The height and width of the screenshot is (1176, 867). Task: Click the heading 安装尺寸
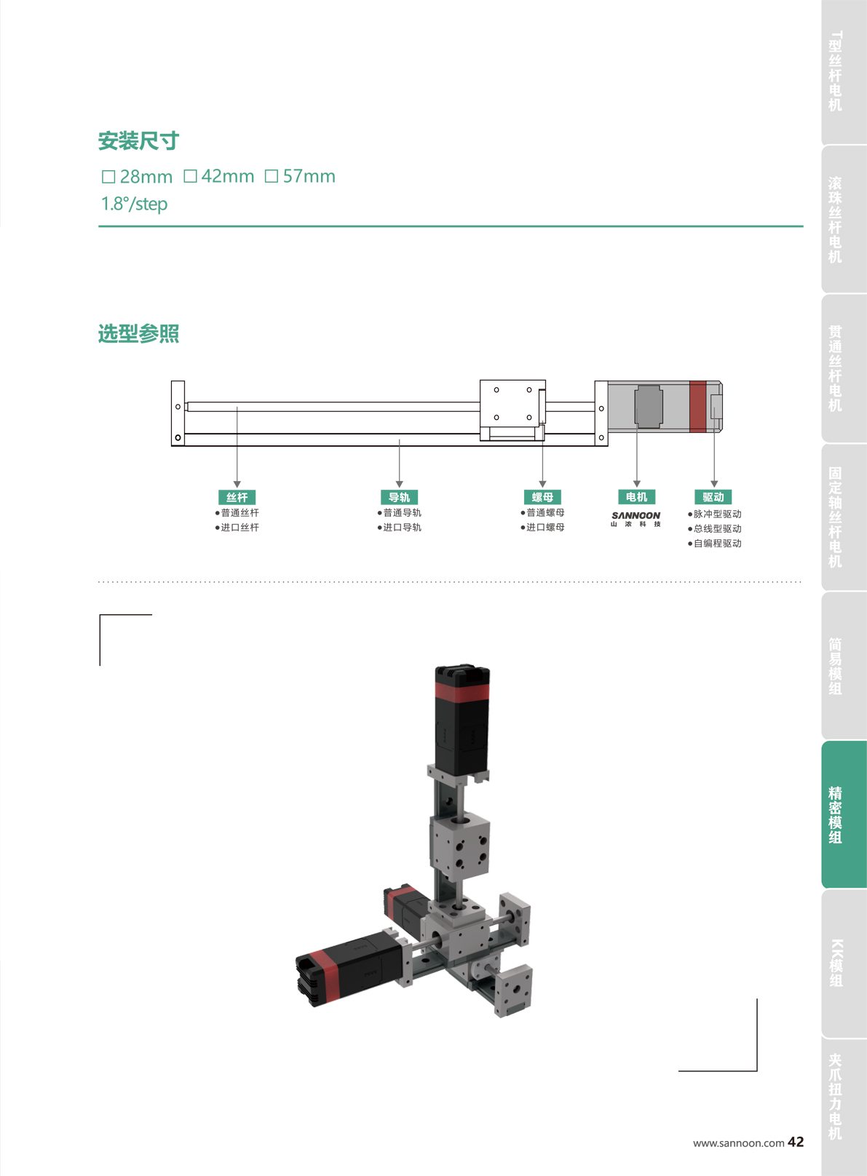(x=138, y=140)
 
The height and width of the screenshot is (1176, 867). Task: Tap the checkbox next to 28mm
(x=108, y=177)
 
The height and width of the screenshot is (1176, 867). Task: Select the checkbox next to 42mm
(x=190, y=176)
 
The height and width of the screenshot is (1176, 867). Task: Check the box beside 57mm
(x=272, y=176)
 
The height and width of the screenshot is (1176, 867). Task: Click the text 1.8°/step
(x=135, y=204)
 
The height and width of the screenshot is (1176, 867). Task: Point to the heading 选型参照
(x=138, y=333)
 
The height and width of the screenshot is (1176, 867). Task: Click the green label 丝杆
(x=237, y=497)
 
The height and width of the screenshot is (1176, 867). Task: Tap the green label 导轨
(x=399, y=497)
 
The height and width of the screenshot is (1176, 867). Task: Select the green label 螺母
(x=542, y=497)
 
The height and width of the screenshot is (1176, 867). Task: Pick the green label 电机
(x=636, y=496)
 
